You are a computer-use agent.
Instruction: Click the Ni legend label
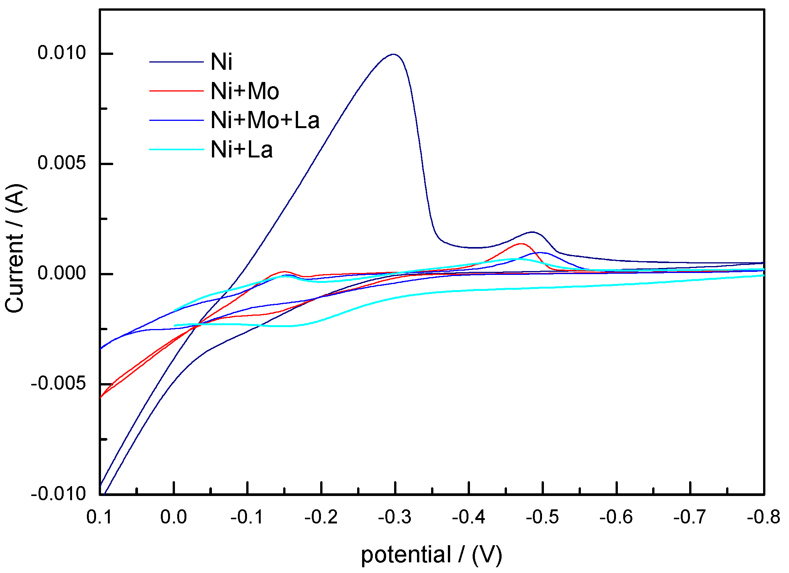221,62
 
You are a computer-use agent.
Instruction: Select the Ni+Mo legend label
245,91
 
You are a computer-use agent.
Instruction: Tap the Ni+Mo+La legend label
265,120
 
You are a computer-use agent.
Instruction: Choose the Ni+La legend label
242,149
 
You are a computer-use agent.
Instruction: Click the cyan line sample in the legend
176,149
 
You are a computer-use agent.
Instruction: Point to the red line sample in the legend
176,91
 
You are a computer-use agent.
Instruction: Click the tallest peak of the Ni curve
393,55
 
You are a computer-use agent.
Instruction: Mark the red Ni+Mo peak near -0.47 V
521,244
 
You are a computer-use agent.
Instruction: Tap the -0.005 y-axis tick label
58,384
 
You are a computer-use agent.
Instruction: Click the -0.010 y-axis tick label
58,494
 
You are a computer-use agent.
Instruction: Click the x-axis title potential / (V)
431,555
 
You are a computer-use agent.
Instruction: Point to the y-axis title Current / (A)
15,249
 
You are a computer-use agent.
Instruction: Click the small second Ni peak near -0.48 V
532,232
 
